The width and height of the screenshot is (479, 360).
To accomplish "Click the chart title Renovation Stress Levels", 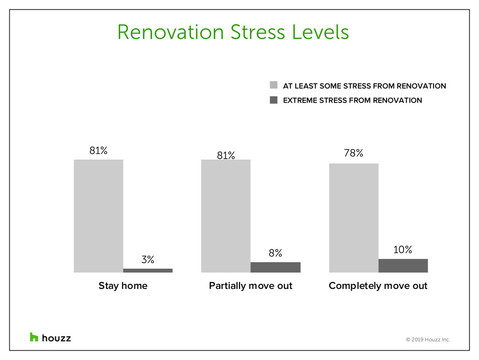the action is pyautogui.click(x=233, y=32).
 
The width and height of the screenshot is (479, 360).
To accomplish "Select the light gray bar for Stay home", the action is pyautogui.click(x=98, y=216).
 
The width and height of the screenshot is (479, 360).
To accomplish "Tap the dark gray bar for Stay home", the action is pyautogui.click(x=148, y=270).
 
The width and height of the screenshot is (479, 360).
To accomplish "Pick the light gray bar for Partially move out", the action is pyautogui.click(x=226, y=216).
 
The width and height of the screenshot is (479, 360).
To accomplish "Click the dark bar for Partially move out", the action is pyautogui.click(x=276, y=267).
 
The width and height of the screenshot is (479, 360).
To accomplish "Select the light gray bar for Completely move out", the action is pyautogui.click(x=354, y=218).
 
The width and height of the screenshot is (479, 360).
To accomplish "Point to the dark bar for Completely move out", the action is pyautogui.click(x=403, y=266).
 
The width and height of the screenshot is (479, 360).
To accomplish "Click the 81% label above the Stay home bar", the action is pyautogui.click(x=98, y=150).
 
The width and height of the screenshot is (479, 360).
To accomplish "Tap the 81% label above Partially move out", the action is pyautogui.click(x=226, y=155).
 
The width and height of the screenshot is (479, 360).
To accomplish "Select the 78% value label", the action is pyautogui.click(x=354, y=153).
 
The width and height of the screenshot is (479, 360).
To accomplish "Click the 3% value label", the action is pyautogui.click(x=148, y=259).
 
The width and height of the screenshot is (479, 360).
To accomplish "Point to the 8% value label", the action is pyautogui.click(x=275, y=253).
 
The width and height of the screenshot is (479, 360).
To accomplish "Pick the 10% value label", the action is pyautogui.click(x=403, y=250).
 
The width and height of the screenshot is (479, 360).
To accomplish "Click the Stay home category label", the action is pyautogui.click(x=123, y=286).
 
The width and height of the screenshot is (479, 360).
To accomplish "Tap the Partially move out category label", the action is pyautogui.click(x=251, y=286).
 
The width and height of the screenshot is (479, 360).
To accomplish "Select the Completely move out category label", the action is pyautogui.click(x=378, y=286).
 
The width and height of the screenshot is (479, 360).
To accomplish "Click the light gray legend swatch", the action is pyautogui.click(x=274, y=85).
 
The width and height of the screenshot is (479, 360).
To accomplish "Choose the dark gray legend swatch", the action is pyautogui.click(x=274, y=100).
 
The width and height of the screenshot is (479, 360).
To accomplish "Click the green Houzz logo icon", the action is pyautogui.click(x=34, y=337).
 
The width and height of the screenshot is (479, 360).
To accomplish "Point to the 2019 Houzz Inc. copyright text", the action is pyautogui.click(x=428, y=340).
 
